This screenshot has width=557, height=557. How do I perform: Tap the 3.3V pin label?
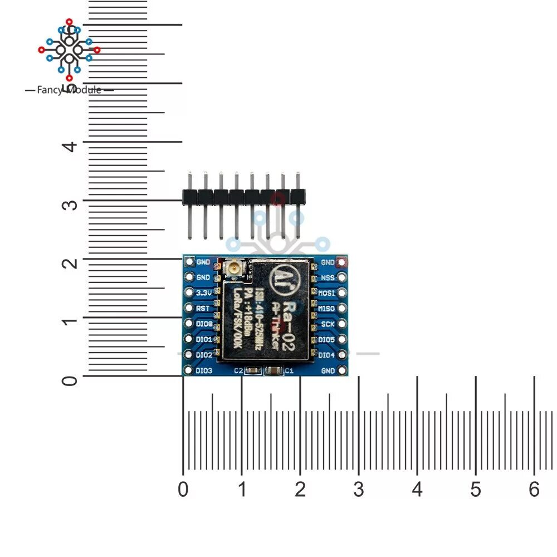click(x=203, y=292)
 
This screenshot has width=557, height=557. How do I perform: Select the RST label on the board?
click(x=203, y=308)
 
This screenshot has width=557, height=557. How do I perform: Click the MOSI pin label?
click(x=326, y=292)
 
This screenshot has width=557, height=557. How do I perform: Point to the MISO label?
click(x=326, y=308)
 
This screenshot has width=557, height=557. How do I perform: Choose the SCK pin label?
click(x=328, y=324)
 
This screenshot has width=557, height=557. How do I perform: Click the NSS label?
click(x=328, y=277)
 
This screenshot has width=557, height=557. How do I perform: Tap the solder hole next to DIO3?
click(x=188, y=370)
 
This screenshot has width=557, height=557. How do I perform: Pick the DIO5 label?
click(x=326, y=339)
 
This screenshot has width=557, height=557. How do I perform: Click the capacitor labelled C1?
click(x=273, y=370)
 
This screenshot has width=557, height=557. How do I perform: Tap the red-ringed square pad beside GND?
click(x=343, y=261)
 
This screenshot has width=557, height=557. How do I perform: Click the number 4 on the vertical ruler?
click(x=69, y=146)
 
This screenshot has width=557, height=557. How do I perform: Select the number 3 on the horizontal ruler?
click(x=358, y=490)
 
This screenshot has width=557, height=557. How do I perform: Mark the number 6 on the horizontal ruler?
click(x=534, y=490)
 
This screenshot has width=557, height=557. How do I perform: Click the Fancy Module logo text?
click(x=69, y=90)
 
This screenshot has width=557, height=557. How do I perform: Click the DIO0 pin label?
click(x=204, y=324)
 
